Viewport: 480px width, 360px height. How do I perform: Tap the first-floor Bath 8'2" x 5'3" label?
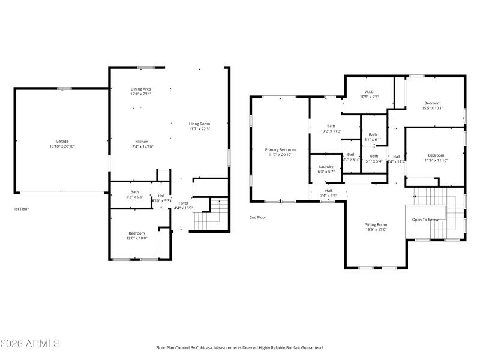[x=134, y=194]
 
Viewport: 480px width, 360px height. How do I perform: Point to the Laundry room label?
[x=326, y=169]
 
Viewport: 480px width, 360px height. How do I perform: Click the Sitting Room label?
[x=376, y=226]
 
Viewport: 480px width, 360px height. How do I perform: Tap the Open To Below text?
[x=425, y=220]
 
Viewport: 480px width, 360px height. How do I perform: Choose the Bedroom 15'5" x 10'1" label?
[x=432, y=106]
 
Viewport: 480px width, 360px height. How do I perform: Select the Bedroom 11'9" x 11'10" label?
[x=436, y=157]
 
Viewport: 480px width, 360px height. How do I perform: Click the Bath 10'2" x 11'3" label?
[x=331, y=128]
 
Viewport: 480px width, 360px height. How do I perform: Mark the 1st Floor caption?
[x=21, y=209]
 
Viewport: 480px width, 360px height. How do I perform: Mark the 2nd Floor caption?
[x=258, y=217]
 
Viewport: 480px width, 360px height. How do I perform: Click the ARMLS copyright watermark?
[x=30, y=344]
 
